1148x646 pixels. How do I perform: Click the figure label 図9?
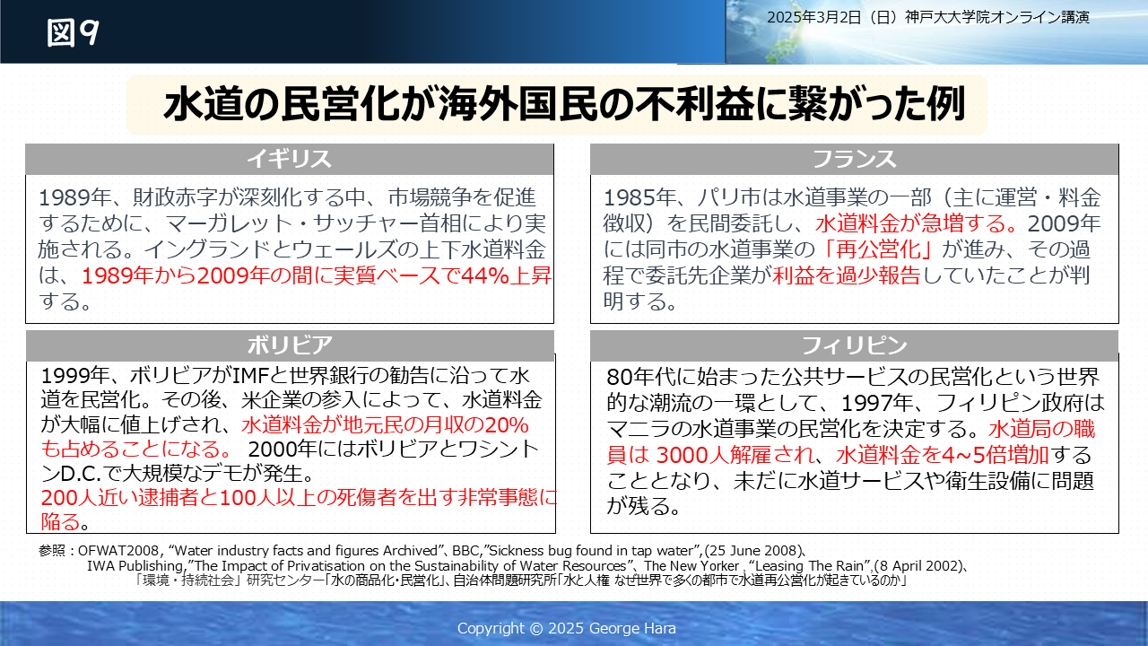(x=73, y=33)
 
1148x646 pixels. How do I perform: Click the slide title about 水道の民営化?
(x=564, y=105)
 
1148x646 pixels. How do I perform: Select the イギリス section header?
(x=289, y=159)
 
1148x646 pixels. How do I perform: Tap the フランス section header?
(x=855, y=159)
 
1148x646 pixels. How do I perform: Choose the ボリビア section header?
(x=290, y=345)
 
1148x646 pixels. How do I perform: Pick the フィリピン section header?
(x=855, y=345)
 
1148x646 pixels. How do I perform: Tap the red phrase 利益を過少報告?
(x=846, y=275)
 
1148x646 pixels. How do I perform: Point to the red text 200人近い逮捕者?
(x=119, y=498)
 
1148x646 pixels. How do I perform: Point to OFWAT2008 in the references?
(x=118, y=551)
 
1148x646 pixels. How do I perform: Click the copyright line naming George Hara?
(x=566, y=628)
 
